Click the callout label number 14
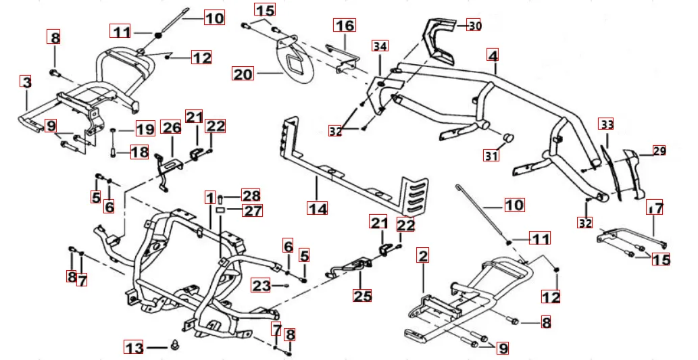point(318,208)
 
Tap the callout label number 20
point(243,74)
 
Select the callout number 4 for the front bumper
point(493,55)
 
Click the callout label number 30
point(475,26)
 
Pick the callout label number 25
point(362,295)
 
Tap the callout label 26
point(172,127)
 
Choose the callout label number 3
point(27,82)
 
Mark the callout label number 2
point(423,255)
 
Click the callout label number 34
point(380,46)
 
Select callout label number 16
point(345,26)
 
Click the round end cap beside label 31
point(507,136)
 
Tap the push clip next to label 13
point(174,345)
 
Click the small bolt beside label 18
point(113,153)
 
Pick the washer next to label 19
point(113,130)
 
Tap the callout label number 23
point(261,285)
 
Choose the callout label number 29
point(659,151)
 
